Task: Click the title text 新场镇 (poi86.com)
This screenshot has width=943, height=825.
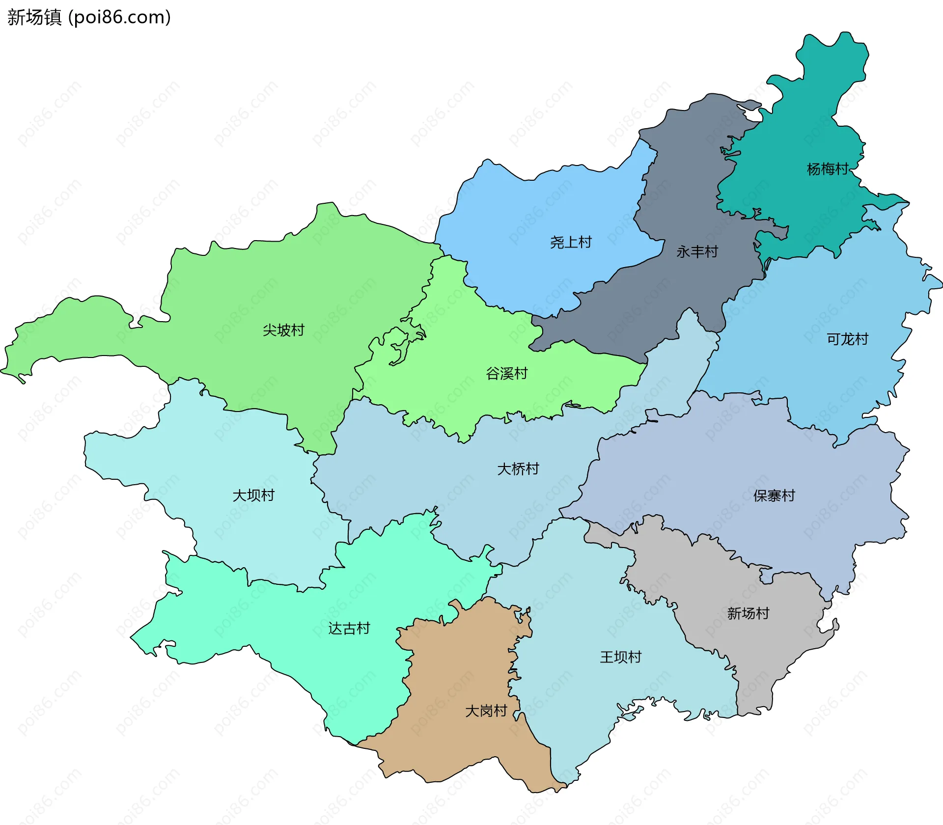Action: tap(89, 18)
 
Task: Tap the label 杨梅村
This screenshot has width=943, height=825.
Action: tap(828, 169)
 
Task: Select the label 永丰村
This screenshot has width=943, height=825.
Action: tap(697, 252)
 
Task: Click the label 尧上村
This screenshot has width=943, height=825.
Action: tap(571, 242)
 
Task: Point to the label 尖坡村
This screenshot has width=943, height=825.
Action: tap(283, 330)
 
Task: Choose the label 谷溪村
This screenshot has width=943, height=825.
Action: tap(506, 374)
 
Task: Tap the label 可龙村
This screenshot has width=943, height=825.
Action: tap(847, 339)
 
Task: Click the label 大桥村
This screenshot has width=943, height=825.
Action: tap(518, 469)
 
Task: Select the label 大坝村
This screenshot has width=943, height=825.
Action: tap(253, 495)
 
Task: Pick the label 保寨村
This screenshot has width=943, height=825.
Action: tap(774, 495)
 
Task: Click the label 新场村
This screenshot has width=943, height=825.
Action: tap(748, 613)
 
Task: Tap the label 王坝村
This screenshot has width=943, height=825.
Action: tap(620, 657)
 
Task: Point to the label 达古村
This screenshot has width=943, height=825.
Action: tap(349, 629)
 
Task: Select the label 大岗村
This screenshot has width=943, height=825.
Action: tap(486, 711)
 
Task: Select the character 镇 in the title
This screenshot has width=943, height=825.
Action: tap(53, 18)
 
